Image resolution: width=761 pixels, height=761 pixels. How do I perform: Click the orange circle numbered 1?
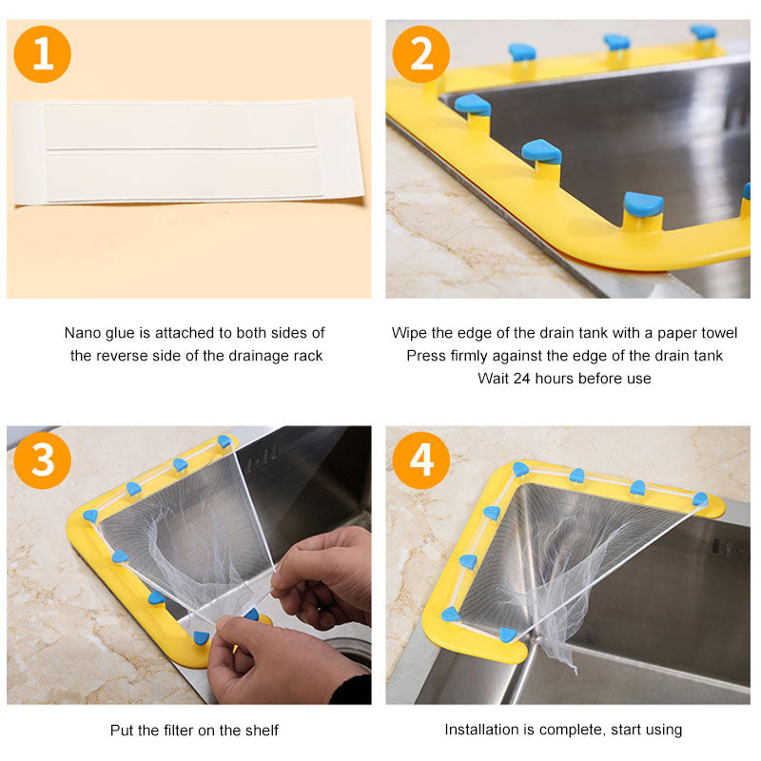[x=43, y=54]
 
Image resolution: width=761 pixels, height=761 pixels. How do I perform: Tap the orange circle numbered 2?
[x=420, y=54]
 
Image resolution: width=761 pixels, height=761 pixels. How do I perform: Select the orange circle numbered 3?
[x=43, y=460]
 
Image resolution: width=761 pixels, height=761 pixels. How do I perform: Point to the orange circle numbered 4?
[x=420, y=460]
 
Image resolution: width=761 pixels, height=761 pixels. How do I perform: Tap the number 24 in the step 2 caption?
[x=521, y=379]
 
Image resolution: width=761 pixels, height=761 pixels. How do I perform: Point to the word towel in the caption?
[x=721, y=333]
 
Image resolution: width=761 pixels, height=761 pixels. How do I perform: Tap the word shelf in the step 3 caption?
[x=263, y=730]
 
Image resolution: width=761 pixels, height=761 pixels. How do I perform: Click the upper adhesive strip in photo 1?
[x=181, y=126]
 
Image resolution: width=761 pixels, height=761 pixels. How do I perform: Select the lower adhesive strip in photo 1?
[x=185, y=176]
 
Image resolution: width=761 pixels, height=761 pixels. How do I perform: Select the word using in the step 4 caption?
[x=665, y=731]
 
